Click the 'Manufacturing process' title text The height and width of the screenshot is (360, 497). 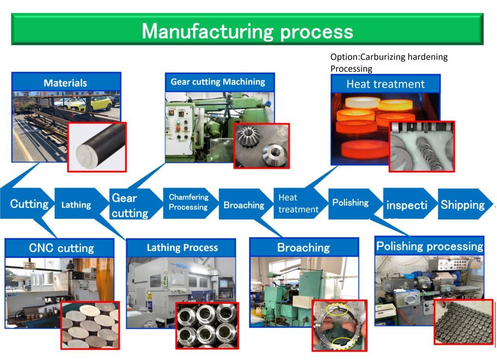click(247, 31)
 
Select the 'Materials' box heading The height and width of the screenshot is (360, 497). click(65, 83)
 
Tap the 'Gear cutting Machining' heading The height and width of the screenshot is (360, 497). click(218, 82)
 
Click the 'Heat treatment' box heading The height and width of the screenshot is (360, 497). click(385, 84)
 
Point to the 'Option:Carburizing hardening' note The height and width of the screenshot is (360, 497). click(389, 57)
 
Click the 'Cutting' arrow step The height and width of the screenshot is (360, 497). click(29, 204)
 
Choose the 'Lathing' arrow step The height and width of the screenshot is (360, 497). click(76, 205)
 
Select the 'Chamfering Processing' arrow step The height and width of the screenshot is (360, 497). click(188, 202)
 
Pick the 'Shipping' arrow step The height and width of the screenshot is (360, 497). click(463, 205)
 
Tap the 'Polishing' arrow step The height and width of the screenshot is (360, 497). click(350, 203)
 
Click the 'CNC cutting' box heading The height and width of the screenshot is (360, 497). click(61, 248)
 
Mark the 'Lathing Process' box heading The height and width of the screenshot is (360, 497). click(182, 248)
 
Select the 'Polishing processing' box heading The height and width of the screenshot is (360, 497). click(430, 246)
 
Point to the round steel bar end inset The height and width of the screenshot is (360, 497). click(97, 146)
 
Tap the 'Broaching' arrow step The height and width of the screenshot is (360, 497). click(244, 205)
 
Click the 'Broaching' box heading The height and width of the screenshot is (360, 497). click(303, 248)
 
